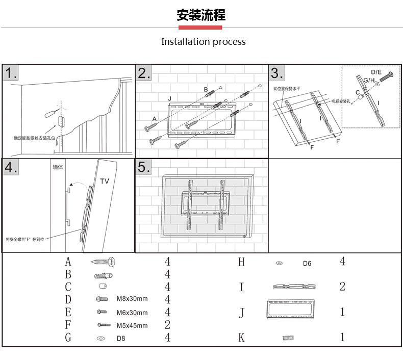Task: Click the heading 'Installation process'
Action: coord(203,42)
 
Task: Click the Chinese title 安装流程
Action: coord(201,15)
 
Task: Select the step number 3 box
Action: coord(277,73)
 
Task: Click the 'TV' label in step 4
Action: coord(104,181)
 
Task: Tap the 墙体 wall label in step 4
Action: coord(58,167)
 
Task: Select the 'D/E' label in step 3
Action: coord(376,72)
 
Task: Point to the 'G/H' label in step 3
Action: coord(369,81)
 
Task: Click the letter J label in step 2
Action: coord(169,97)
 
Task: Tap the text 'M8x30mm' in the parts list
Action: coord(132,299)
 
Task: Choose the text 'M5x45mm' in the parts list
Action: coord(132,325)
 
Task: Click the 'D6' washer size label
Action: coord(307,264)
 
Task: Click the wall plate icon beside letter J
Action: coord(290,310)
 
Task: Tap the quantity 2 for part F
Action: coord(167,325)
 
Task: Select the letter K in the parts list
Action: coord(241,337)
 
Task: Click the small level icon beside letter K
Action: coord(289,337)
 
